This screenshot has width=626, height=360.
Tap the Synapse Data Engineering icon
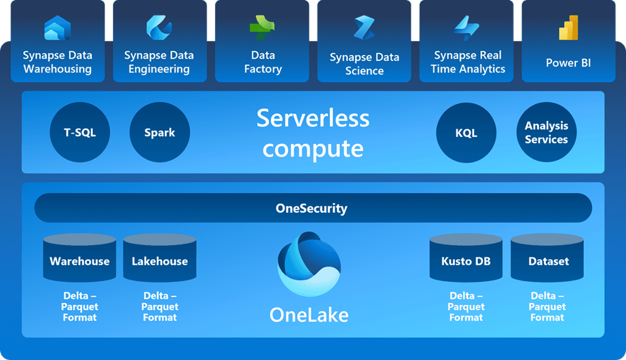tap(159, 28)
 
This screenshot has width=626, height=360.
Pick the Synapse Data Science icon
tap(364, 29)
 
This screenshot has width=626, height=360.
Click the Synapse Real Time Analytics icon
tap(467, 28)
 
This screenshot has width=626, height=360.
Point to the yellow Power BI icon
tap(569, 28)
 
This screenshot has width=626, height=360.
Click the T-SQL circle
tap(80, 132)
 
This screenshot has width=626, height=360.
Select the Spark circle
tap(160, 132)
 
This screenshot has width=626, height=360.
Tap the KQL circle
tap(466, 133)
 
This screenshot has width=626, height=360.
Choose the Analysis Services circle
tap(547, 132)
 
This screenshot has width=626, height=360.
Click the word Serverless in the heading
tap(312, 117)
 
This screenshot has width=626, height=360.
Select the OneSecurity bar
tap(312, 208)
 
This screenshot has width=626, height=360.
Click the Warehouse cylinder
tap(79, 259)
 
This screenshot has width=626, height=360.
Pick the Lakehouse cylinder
tap(160, 259)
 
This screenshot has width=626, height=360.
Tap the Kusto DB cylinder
tap(466, 259)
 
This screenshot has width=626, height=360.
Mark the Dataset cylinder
tap(548, 259)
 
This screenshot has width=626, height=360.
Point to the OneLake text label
tap(309, 315)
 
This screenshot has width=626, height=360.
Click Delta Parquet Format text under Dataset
tap(547, 307)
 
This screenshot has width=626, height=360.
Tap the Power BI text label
tap(569, 63)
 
